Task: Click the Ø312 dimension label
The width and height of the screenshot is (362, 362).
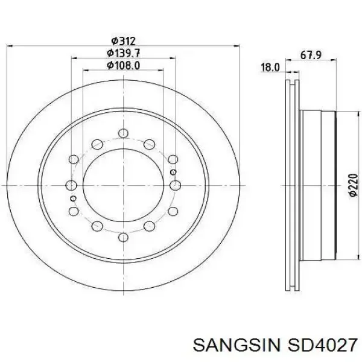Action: click(123, 41)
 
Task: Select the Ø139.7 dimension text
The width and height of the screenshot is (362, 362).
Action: click(123, 53)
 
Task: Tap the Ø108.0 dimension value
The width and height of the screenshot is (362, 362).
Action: click(123, 65)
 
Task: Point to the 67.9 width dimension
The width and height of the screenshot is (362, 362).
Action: click(311, 56)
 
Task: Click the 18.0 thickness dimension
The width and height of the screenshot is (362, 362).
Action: click(270, 68)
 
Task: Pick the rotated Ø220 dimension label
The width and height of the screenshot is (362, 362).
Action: click(354, 185)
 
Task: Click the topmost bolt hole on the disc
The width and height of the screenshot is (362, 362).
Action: click(123, 133)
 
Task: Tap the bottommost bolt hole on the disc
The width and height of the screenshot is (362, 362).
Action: click(123, 237)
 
